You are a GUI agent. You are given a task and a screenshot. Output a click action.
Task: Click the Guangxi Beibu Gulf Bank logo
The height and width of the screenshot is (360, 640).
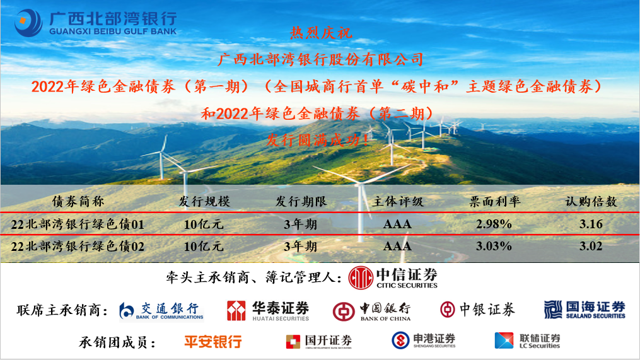point(95,23)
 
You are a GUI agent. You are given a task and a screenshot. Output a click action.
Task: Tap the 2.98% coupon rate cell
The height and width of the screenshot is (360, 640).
point(494,224)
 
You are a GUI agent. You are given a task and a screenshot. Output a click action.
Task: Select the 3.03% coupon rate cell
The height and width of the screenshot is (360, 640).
point(494,246)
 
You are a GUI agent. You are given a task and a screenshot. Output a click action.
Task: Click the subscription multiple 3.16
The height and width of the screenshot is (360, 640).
point(591,224)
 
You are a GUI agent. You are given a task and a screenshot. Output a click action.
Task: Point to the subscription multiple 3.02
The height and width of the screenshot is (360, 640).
point(591,246)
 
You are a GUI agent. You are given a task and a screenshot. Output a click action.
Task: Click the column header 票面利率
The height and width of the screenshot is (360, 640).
point(495,202)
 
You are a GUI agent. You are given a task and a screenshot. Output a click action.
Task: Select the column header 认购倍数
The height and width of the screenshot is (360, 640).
point(591,202)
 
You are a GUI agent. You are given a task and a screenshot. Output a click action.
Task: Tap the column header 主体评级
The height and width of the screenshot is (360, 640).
point(398,202)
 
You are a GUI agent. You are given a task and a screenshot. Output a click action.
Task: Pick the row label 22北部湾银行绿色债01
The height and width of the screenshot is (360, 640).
point(78,224)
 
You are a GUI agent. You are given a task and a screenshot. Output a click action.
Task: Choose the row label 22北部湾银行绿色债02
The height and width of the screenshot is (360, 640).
point(78,247)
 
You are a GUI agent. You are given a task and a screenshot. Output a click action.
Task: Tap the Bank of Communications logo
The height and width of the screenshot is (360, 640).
point(162,310)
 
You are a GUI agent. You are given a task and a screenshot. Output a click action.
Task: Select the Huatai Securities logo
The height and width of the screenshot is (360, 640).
point(269,310)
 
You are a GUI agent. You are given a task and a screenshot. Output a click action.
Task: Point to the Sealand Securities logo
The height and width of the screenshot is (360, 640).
point(585,310)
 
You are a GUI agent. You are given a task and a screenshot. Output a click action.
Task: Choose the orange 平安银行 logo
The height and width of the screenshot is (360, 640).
point(212,342)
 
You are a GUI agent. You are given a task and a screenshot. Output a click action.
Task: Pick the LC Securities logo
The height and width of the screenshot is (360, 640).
point(527,341)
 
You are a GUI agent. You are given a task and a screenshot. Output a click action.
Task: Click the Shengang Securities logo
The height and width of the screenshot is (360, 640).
point(424,341)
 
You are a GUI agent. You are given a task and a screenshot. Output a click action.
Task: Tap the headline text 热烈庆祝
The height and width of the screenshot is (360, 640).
point(321,32)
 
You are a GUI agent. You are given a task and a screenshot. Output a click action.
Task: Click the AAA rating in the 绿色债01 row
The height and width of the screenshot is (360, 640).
point(397,224)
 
